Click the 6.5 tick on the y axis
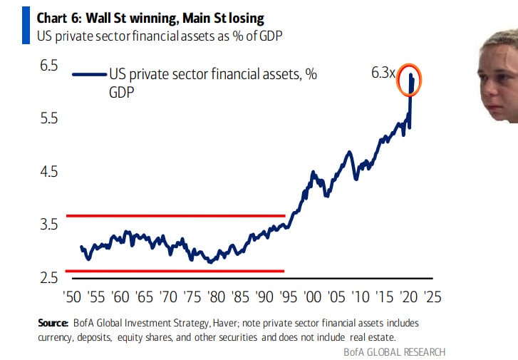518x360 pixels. [x=48, y=66]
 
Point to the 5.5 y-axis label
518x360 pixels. [x=48, y=118]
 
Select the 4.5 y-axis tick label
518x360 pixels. [x=48, y=172]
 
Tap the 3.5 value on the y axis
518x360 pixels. [x=48, y=225]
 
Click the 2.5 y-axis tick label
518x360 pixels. [x=48, y=277]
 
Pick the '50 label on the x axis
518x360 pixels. [x=73, y=295]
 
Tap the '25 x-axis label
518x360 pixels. [x=432, y=295]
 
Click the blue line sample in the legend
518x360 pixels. [x=89, y=73]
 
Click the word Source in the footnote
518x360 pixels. [x=53, y=323]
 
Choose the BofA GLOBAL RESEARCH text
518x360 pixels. [x=394, y=351]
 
